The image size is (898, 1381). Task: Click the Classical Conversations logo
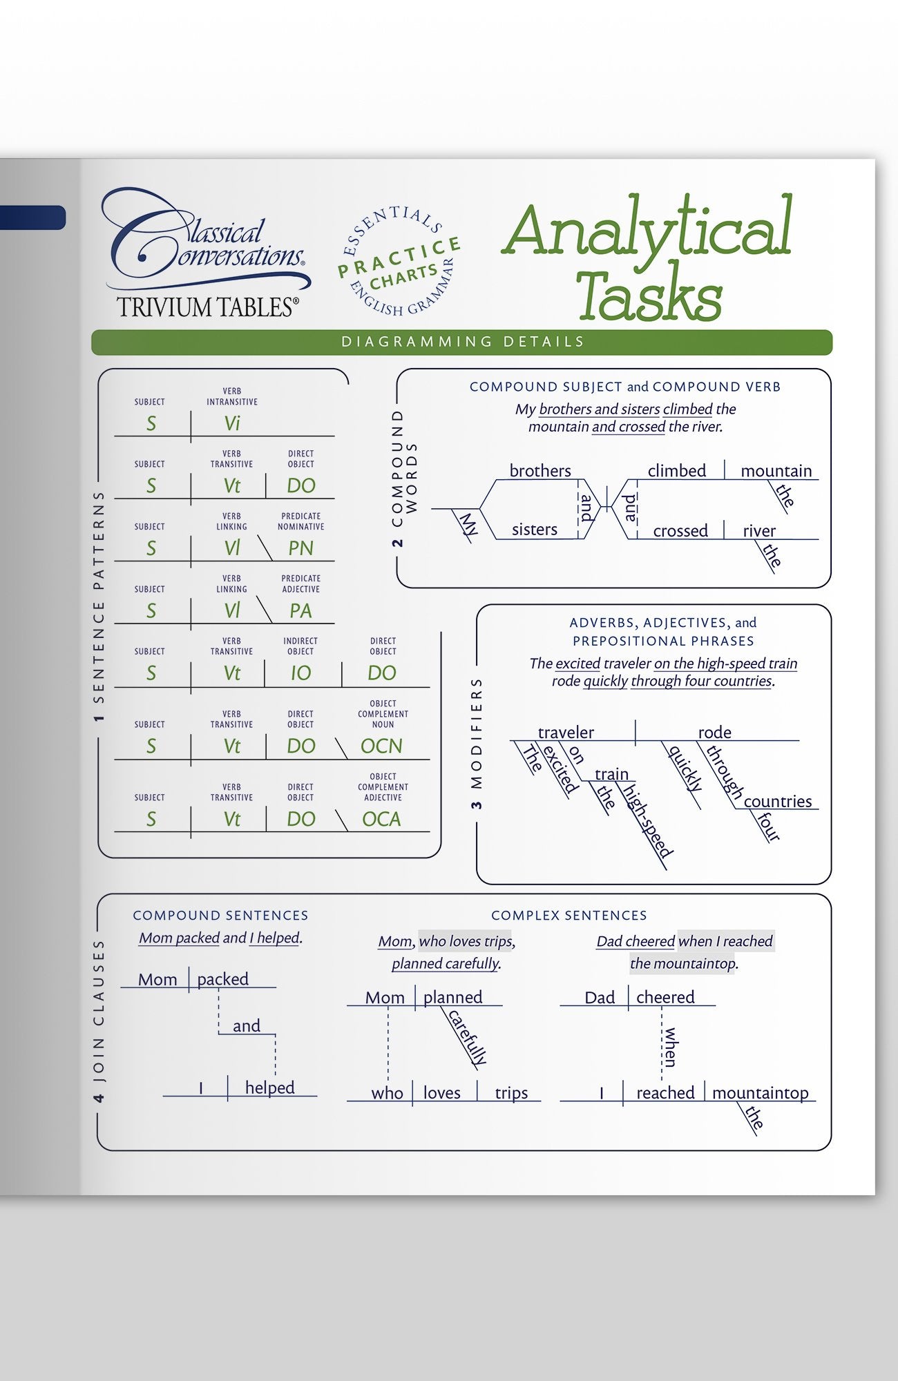tap(206, 252)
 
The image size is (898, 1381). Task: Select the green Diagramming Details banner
tap(461, 342)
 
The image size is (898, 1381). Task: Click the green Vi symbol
tap(232, 423)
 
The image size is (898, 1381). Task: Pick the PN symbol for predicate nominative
tap(300, 548)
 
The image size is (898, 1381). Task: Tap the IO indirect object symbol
tap(300, 673)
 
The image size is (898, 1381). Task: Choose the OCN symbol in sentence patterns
tap(381, 746)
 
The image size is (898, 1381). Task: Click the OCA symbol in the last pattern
tap(381, 820)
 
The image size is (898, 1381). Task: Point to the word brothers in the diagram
tap(540, 471)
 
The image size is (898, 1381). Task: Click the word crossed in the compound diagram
tap(680, 531)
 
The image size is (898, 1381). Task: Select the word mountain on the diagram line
tap(776, 471)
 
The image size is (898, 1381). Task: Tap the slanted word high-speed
tap(647, 822)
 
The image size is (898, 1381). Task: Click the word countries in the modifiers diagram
tap(778, 802)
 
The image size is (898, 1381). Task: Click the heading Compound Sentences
tap(220, 916)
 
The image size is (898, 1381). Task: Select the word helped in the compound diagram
tap(269, 1088)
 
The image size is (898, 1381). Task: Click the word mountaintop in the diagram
tap(760, 1093)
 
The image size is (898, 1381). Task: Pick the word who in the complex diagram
tap(387, 1093)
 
